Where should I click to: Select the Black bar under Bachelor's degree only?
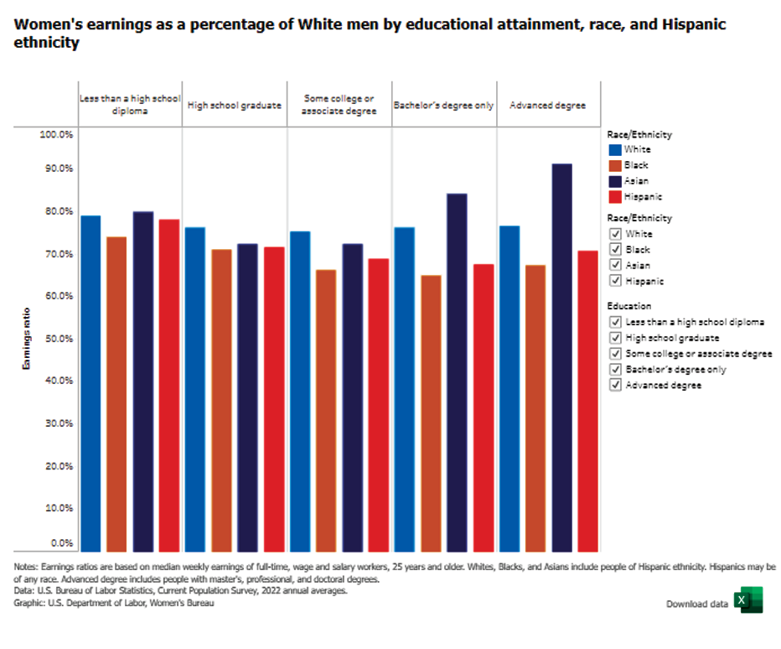(x=431, y=412)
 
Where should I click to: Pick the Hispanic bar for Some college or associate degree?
(x=379, y=403)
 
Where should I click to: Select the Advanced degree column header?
(x=547, y=106)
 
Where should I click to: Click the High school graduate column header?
(x=234, y=106)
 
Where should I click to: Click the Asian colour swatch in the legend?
(x=615, y=181)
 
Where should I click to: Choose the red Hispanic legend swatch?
(x=615, y=197)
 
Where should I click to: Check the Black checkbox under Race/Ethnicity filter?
(x=616, y=250)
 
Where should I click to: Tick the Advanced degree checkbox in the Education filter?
(x=616, y=385)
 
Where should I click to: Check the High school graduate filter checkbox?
(x=616, y=338)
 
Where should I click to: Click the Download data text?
(x=696, y=604)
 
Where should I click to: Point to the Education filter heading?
(x=629, y=306)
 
